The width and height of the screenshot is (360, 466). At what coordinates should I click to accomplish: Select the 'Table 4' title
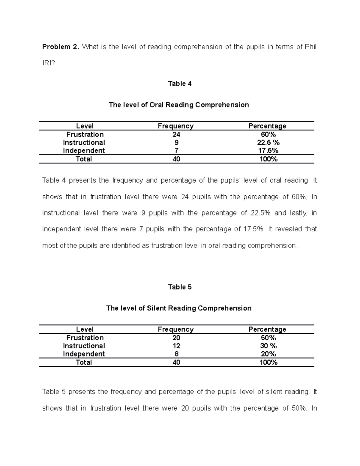180,84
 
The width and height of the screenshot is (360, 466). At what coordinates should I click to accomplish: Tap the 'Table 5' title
180,287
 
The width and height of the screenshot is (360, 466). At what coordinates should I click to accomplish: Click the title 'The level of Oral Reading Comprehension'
179,105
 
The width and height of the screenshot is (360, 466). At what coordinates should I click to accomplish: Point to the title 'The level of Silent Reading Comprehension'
179,308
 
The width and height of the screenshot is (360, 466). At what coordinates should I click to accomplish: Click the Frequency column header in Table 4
176,126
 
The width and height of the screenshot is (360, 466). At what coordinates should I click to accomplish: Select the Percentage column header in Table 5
267,329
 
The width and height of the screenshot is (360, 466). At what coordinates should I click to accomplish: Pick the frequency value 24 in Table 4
176,134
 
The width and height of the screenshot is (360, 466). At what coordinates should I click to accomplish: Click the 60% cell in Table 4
268,134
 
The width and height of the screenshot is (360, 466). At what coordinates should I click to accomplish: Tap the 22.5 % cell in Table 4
268,143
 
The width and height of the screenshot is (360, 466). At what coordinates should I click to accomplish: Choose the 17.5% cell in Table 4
268,151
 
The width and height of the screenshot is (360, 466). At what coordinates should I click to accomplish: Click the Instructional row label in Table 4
84,143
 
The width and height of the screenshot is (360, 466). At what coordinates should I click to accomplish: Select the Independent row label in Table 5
84,354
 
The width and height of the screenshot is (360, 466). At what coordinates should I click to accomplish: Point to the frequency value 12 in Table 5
176,346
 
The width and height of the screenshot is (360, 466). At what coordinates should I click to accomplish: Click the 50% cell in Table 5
268,338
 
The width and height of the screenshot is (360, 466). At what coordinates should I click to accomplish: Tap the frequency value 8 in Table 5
176,354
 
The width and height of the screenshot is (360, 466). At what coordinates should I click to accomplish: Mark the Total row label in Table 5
84,362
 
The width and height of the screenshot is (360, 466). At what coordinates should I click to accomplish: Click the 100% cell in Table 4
268,159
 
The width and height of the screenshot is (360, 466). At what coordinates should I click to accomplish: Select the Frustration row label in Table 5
85,338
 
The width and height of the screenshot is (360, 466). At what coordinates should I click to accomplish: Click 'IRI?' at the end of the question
49,63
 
